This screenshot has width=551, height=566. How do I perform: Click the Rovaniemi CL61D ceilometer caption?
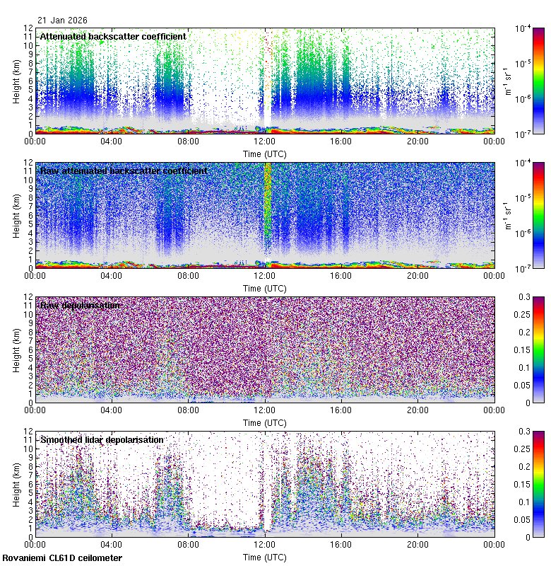61,558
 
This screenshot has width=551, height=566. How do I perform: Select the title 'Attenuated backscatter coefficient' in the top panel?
113,36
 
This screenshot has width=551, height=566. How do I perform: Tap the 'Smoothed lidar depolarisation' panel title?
102,439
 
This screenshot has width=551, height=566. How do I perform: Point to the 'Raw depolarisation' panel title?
81,305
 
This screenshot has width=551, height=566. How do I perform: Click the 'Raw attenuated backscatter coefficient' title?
124,171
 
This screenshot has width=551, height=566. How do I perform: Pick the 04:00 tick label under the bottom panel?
112,545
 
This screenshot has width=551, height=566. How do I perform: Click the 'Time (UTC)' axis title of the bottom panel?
265,558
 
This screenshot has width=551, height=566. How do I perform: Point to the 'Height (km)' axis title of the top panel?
16,81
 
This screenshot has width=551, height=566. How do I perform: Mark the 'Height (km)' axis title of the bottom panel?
16,484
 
